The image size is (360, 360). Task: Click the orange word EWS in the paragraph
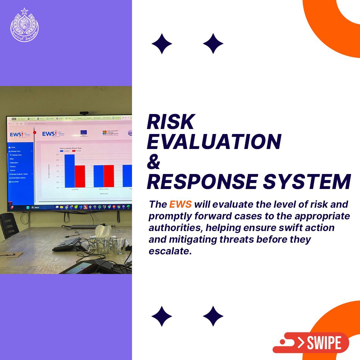(180, 204)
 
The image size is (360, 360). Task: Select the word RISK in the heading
(171, 122)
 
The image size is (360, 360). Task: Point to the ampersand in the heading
(154, 162)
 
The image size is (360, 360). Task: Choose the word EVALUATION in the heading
(214, 142)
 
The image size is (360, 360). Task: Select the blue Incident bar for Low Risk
(69, 170)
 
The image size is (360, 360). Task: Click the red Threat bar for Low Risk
(80, 176)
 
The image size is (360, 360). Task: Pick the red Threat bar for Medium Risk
(109, 176)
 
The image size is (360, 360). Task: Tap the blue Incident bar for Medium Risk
(98, 176)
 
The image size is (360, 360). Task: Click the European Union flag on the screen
(83, 133)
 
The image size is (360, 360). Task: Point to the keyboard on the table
(66, 244)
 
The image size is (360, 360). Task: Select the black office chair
(8, 225)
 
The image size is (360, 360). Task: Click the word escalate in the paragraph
(170, 251)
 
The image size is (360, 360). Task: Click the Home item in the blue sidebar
(13, 147)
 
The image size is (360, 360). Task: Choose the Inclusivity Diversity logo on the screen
(110, 133)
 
